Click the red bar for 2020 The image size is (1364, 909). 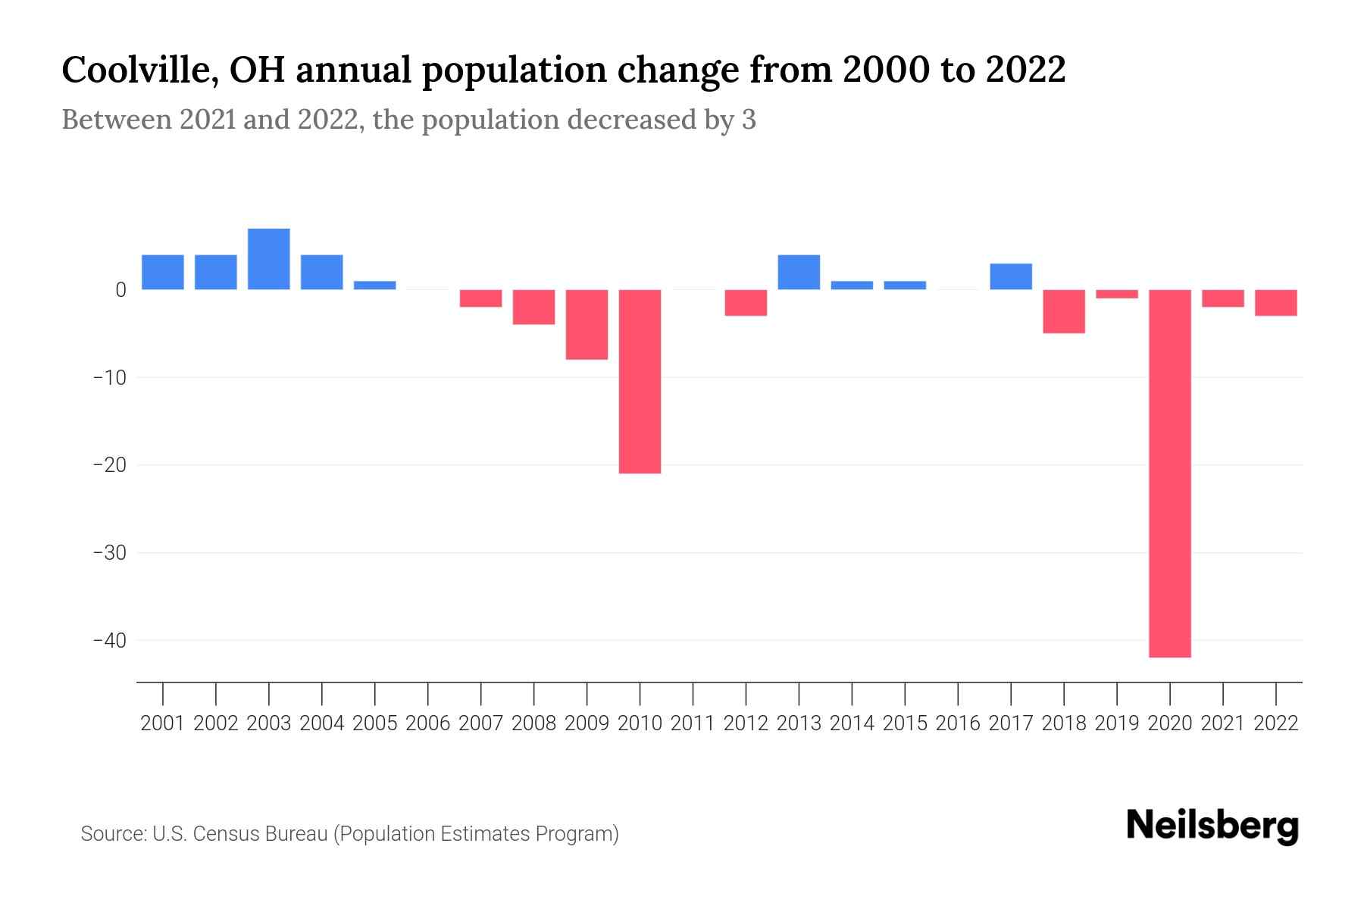(x=1169, y=473)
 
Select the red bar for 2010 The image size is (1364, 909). (x=640, y=381)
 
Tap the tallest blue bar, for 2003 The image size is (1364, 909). (x=269, y=259)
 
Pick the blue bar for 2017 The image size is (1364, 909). (x=1010, y=276)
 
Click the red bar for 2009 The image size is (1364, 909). (x=587, y=324)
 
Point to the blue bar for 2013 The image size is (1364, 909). (x=799, y=272)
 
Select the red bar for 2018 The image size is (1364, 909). (x=1063, y=311)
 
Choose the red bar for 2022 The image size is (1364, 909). (x=1275, y=302)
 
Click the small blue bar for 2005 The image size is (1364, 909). (x=375, y=286)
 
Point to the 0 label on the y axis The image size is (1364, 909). (x=120, y=290)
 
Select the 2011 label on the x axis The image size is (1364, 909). (x=693, y=723)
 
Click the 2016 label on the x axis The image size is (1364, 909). (x=958, y=723)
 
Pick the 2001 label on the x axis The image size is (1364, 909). (x=163, y=723)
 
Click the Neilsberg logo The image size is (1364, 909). (x=1212, y=826)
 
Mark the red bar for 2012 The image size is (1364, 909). (x=746, y=302)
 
